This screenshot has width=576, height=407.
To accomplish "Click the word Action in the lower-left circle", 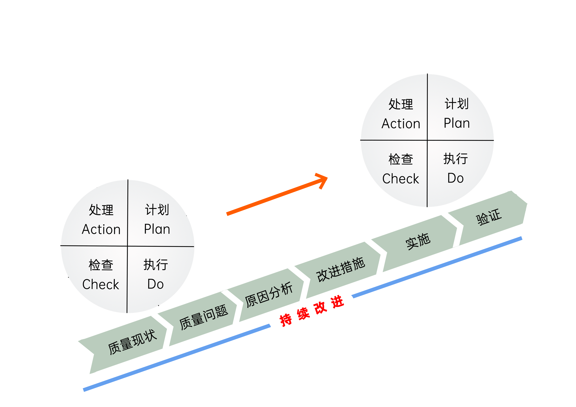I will (101, 229).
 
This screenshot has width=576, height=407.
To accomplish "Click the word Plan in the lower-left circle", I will (157, 229).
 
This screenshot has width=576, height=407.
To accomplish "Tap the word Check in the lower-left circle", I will (101, 284).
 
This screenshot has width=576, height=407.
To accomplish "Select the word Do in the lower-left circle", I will (155, 284).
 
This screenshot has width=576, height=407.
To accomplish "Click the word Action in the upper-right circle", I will (401, 124).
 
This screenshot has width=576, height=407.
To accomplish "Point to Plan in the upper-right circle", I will (457, 123).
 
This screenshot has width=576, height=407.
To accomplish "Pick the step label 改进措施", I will (340, 270).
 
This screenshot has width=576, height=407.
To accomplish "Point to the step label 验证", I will (489, 217).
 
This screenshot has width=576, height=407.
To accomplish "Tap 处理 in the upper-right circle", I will (401, 104).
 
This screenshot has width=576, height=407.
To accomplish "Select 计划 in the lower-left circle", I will (157, 210).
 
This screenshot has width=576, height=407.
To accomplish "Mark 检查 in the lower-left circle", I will (101, 265).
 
